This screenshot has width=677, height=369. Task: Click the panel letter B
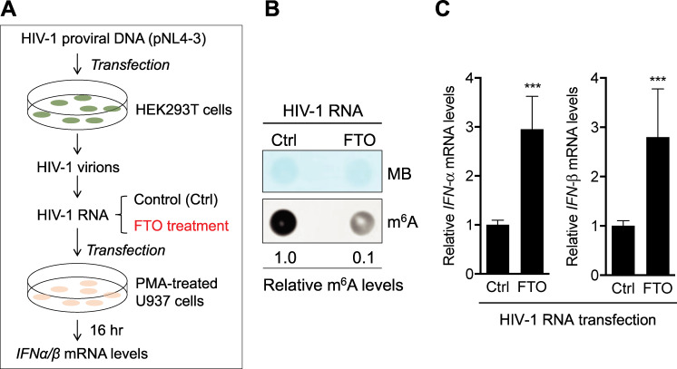[x=272, y=9]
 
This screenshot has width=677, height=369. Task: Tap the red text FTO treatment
[x=181, y=226]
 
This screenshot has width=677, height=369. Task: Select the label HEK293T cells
[x=183, y=110]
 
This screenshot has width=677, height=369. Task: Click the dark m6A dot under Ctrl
[x=284, y=222]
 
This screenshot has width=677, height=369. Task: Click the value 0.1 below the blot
[x=363, y=257]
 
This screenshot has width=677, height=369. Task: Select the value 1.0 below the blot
[x=285, y=257]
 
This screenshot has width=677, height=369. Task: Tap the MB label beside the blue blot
[x=399, y=174]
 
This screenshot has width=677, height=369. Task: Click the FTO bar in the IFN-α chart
[x=532, y=201]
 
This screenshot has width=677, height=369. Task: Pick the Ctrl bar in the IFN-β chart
[x=623, y=250]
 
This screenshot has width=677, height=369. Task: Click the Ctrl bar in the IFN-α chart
[x=498, y=249]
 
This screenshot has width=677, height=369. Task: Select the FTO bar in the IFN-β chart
[x=658, y=206]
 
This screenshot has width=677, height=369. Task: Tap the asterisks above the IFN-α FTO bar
[x=533, y=86]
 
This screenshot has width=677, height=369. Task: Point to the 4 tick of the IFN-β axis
[x=595, y=78]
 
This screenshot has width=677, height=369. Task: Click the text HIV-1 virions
[x=78, y=167]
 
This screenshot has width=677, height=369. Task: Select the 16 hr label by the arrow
[x=106, y=330]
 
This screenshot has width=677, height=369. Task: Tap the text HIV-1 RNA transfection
[x=578, y=320]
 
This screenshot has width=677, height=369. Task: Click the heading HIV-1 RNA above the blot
[x=322, y=111]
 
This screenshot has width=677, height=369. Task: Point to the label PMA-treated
[x=177, y=284]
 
